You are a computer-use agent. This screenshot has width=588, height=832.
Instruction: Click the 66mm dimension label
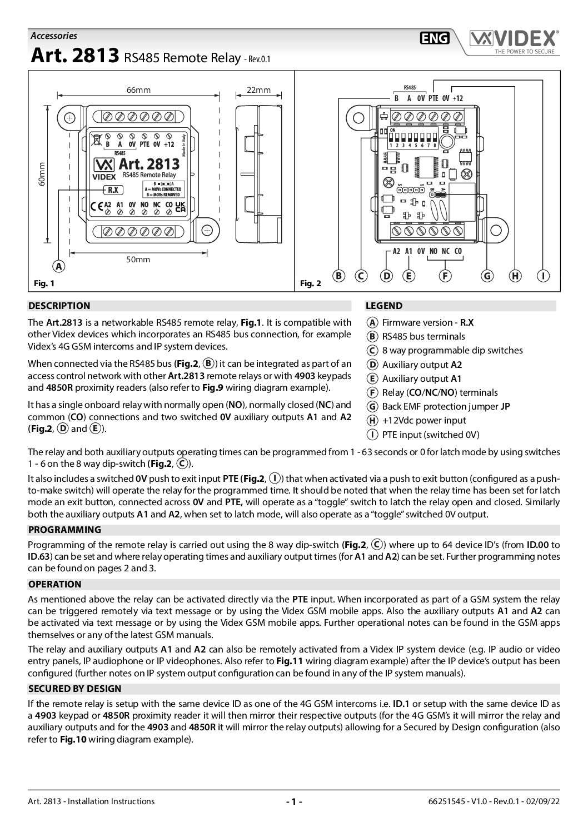(138, 90)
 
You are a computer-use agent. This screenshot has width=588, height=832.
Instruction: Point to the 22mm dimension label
(258, 90)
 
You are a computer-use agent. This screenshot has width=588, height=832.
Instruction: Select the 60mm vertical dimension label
(42, 175)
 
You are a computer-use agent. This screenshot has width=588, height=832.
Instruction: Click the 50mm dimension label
(138, 260)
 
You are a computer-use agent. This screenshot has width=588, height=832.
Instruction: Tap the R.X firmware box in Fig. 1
(113, 190)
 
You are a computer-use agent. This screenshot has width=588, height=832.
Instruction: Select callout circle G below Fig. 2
(487, 276)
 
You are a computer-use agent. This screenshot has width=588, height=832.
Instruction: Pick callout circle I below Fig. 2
(543, 276)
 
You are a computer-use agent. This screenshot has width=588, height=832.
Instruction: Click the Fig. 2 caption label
(311, 283)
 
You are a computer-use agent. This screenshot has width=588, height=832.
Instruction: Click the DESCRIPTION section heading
(59, 306)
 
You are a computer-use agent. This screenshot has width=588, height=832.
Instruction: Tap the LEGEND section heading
(383, 306)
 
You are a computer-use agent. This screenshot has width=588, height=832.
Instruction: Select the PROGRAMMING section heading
(65, 530)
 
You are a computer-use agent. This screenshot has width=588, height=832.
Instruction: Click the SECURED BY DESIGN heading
(74, 689)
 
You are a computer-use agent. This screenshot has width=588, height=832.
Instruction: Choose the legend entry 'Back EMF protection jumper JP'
(446, 406)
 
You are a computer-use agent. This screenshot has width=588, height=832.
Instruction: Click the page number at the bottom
(293, 801)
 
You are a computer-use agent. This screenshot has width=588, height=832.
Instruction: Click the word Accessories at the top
(53, 36)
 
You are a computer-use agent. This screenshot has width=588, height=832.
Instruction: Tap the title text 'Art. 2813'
(74, 56)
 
